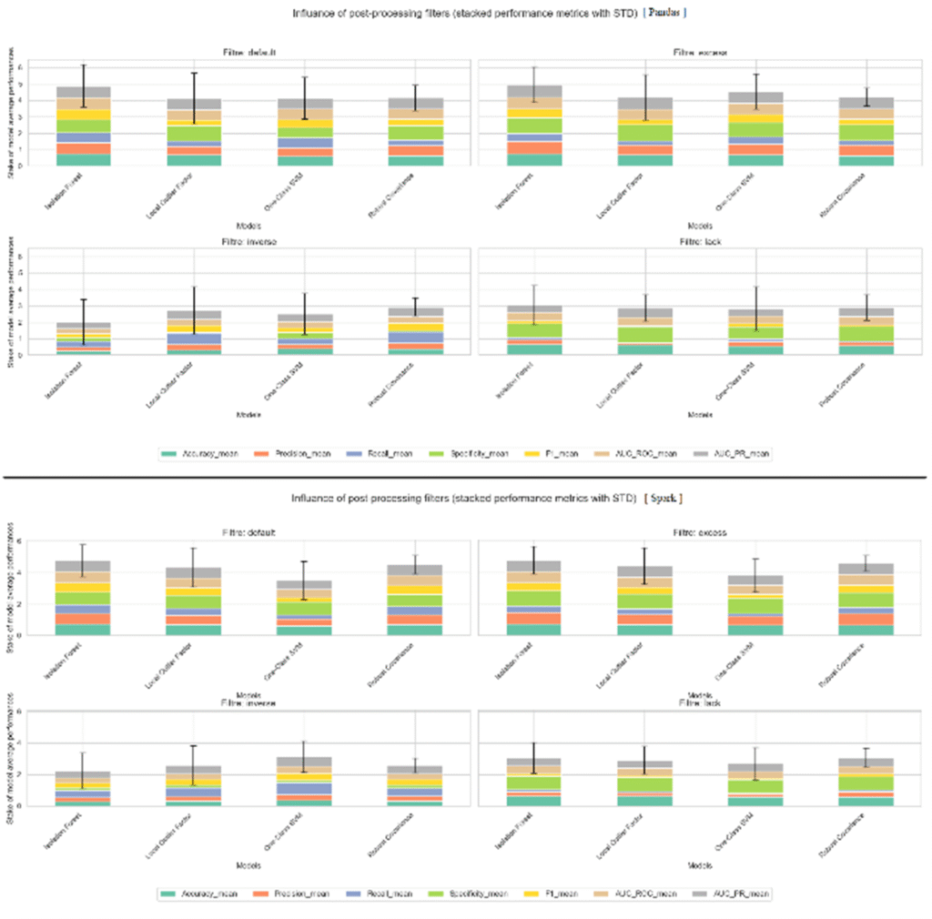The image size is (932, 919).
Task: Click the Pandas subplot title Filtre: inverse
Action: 248,242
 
